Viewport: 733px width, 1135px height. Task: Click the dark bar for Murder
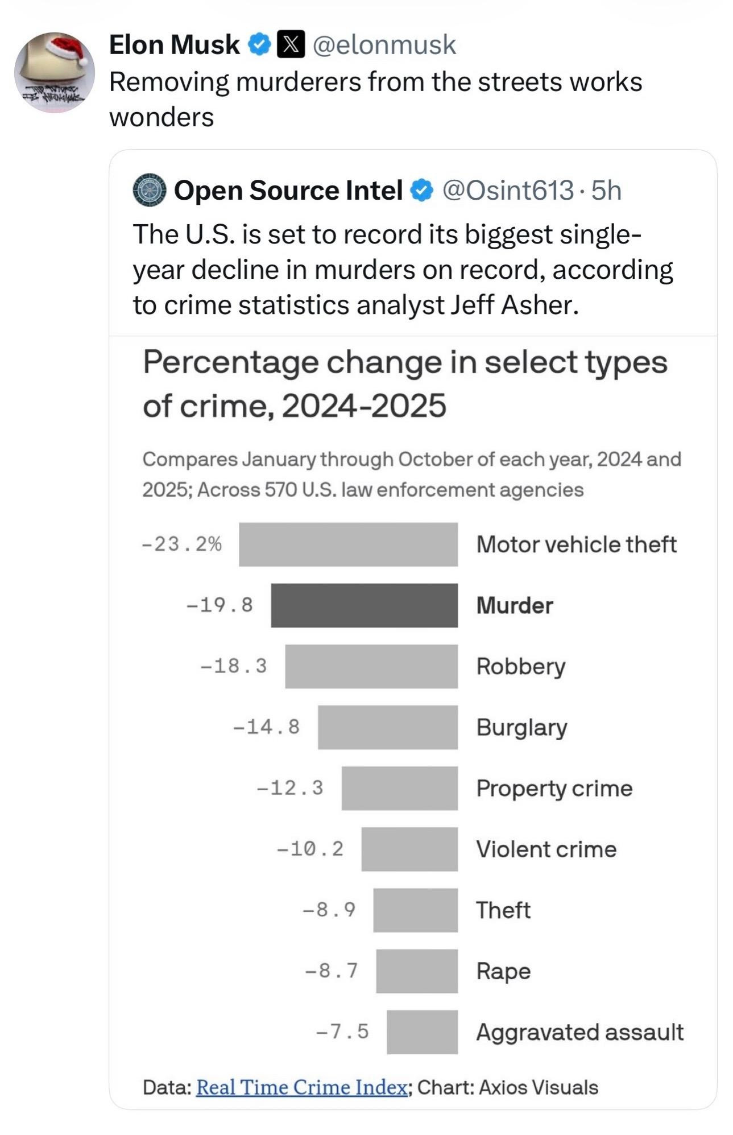(x=364, y=605)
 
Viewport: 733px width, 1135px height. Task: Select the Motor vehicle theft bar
(x=348, y=544)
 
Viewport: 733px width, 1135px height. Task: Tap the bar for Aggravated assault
(x=422, y=1032)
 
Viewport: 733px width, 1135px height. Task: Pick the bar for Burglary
(x=388, y=727)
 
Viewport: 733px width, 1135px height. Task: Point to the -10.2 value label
(x=310, y=849)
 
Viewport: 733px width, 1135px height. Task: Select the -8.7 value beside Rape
(x=332, y=970)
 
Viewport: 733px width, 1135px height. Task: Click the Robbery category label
(x=521, y=666)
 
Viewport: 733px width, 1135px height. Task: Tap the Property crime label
(x=554, y=789)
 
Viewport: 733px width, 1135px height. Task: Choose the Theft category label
(x=503, y=910)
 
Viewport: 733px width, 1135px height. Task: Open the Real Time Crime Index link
(x=301, y=1087)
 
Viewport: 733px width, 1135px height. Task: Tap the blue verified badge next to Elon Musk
(x=260, y=45)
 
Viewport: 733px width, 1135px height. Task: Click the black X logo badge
(x=291, y=45)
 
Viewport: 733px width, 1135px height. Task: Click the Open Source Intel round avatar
(x=149, y=190)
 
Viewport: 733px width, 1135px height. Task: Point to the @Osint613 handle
(x=508, y=190)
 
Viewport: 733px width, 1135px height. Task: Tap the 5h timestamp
(x=606, y=190)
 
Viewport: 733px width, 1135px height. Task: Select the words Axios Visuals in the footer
(x=539, y=1087)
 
